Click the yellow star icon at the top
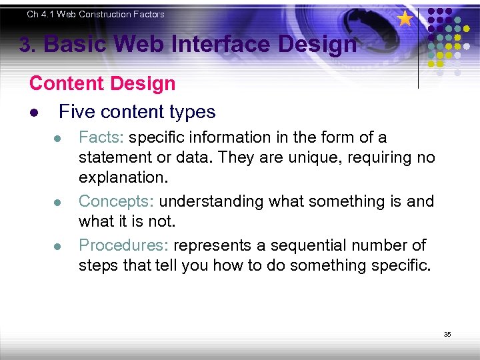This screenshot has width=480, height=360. pos(405,19)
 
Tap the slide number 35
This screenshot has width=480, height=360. pos(447,334)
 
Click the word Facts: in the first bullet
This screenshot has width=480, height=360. pos(102,137)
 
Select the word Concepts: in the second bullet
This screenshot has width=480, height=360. pos(117,201)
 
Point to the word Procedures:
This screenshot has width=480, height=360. pos(124,245)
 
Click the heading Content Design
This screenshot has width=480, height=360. pos(102,84)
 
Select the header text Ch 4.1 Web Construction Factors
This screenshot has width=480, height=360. pos(95,14)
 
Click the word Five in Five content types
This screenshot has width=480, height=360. pos(76,111)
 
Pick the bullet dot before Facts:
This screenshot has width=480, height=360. pos(58,139)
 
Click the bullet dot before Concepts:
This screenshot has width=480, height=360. pos(58,203)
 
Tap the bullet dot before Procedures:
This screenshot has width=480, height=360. pos(58,246)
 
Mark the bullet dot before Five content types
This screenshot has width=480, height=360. pos(33,113)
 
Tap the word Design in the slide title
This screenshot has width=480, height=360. pos(317,45)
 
